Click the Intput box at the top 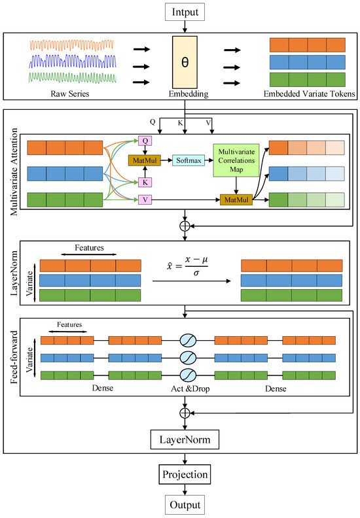pyautogui.click(x=186, y=12)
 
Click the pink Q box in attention pyautogui.click(x=145, y=141)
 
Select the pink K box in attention pyautogui.click(x=145, y=181)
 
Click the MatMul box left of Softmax pyautogui.click(x=145, y=160)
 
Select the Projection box pyautogui.click(x=186, y=474)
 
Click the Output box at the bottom pyautogui.click(x=186, y=506)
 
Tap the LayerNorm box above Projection pyautogui.click(x=186, y=439)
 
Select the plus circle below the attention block pyautogui.click(x=186, y=225)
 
